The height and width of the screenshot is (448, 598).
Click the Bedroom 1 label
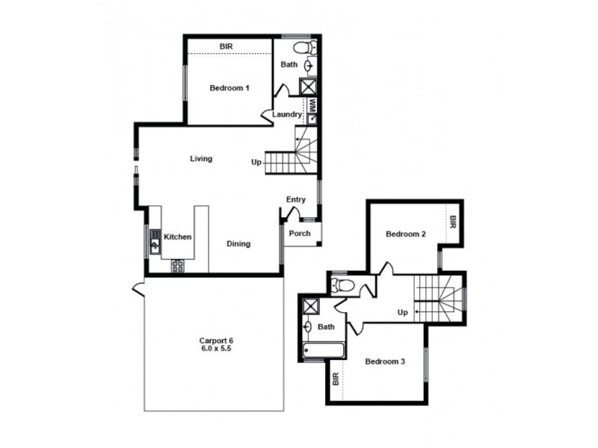[x=229, y=88]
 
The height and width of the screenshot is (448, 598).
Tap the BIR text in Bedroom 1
[x=226, y=46]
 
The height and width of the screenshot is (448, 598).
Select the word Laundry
[x=287, y=115]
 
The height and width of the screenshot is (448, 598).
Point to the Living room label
[x=201, y=158]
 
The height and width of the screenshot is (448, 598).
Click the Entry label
[x=296, y=199]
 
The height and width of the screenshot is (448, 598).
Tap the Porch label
[x=300, y=233]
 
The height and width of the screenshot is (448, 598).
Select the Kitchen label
[x=178, y=237]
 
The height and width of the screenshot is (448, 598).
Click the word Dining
[x=238, y=244]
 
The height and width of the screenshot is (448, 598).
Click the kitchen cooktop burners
[x=178, y=264]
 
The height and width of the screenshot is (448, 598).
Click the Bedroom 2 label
[x=405, y=234]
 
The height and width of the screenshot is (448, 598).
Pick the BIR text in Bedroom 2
[x=453, y=223]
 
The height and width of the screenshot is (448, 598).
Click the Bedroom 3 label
[x=384, y=362]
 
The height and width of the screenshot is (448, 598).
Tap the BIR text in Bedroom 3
[x=336, y=379]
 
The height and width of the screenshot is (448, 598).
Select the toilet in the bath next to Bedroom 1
[x=304, y=49]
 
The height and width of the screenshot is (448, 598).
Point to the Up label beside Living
[x=256, y=162]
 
